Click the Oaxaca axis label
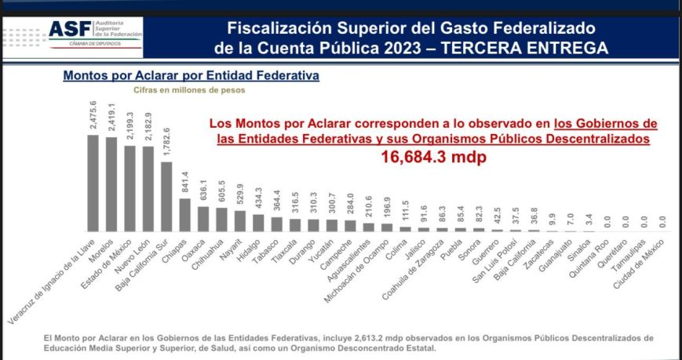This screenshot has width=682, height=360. coord(195,245)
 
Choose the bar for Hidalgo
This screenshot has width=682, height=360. coord(258,222)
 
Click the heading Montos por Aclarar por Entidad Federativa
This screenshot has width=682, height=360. coord(191,77)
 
